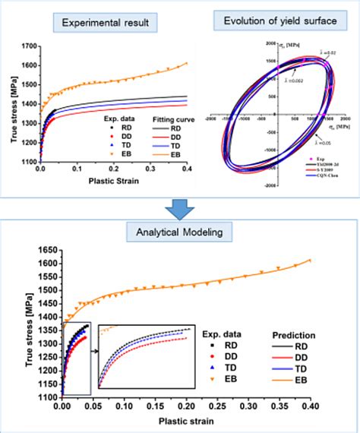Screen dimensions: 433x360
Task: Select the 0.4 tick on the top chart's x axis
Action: coord(187,168)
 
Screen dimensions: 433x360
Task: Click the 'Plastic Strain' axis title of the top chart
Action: coord(114,179)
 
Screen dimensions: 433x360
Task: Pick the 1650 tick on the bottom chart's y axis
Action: coord(46,248)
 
